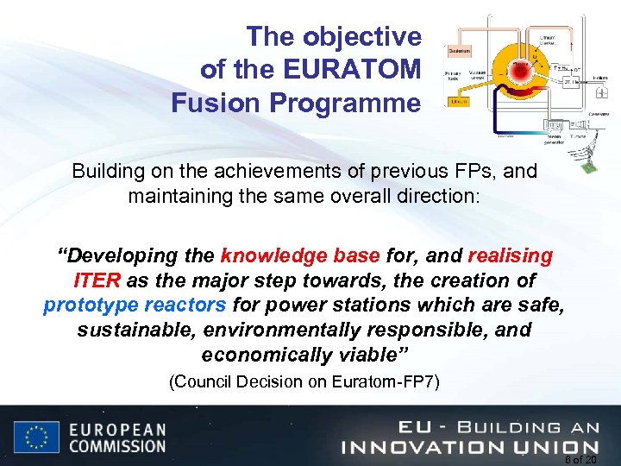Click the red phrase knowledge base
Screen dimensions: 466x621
pos(300,256)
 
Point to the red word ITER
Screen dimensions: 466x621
pos(96,281)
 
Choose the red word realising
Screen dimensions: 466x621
pos(510,256)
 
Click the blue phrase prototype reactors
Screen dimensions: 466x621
pos(135,305)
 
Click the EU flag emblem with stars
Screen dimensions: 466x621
pos(35,438)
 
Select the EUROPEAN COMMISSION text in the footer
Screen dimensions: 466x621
pos(116,438)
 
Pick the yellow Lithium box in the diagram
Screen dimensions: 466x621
pos(460,102)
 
